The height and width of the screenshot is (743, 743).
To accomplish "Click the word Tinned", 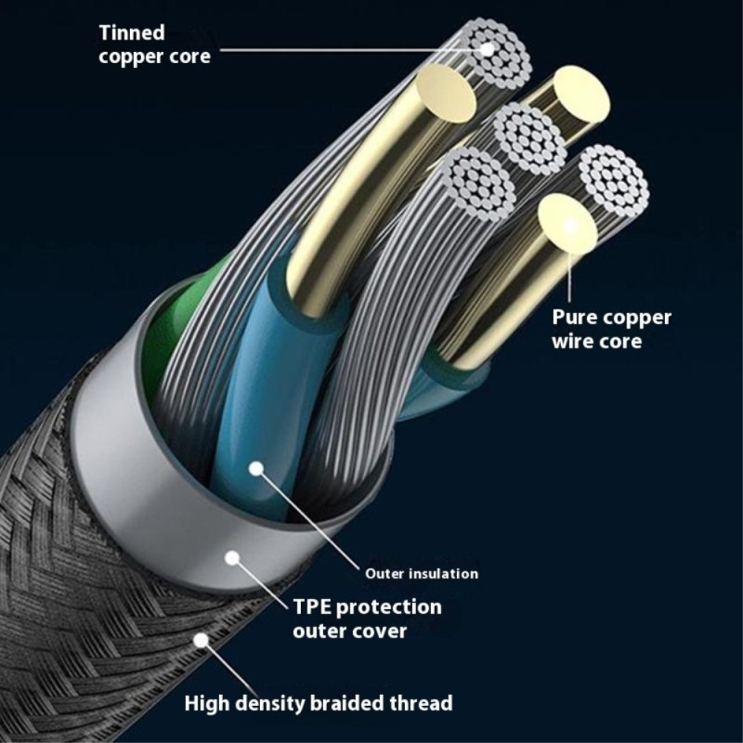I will point(132,33).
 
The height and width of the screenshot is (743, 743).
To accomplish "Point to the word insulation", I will point(443,573).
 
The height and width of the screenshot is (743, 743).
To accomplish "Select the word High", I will point(211,703).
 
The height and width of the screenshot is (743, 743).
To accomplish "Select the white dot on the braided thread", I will point(200,640).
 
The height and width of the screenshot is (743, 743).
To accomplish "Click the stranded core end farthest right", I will point(611,179).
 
